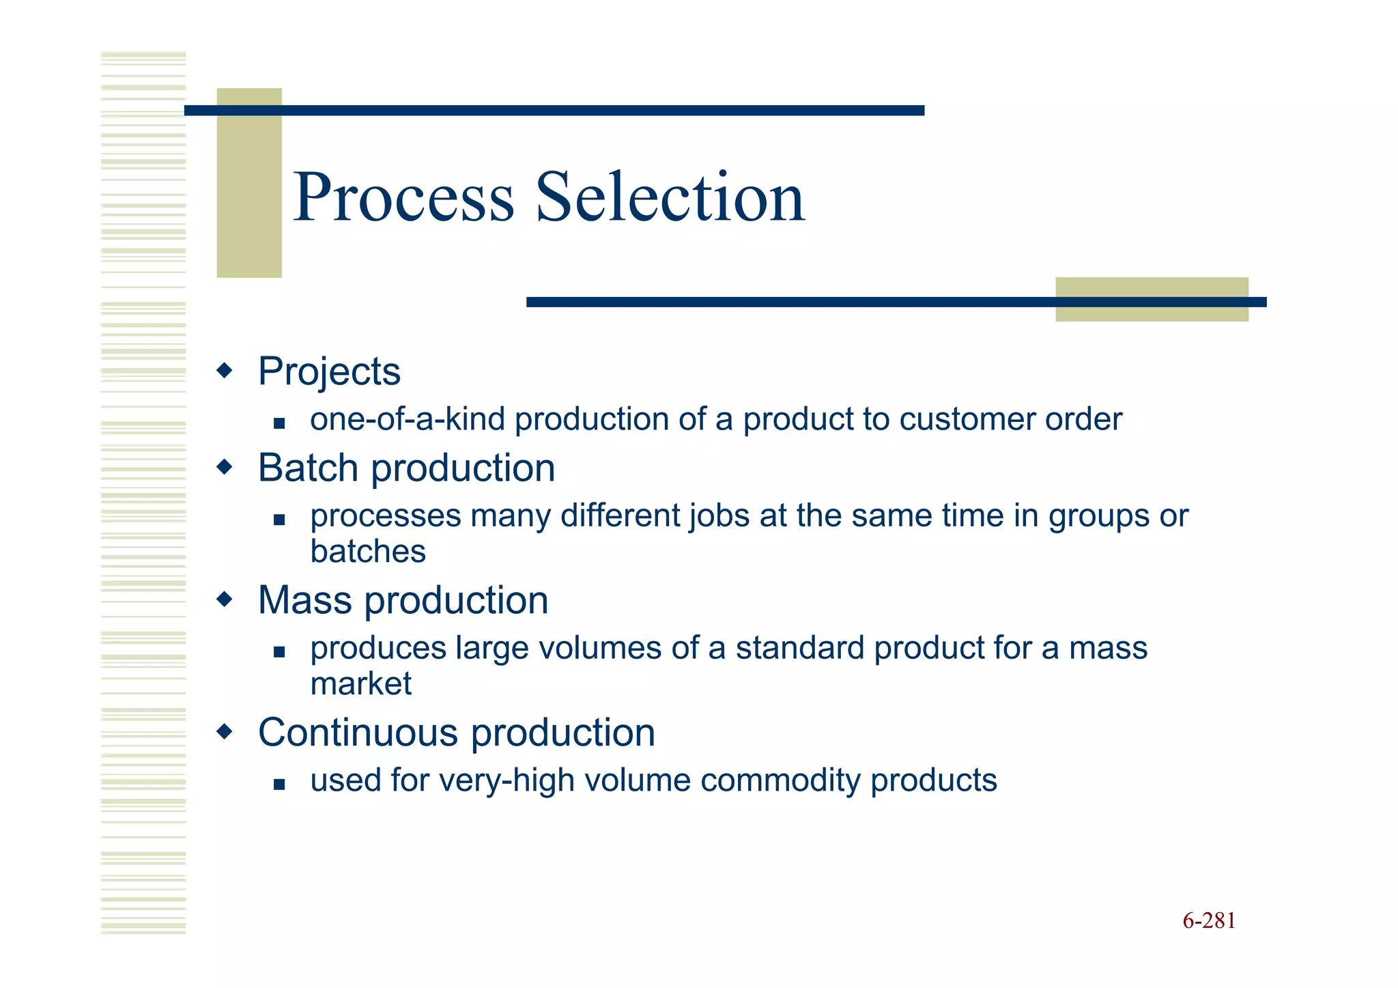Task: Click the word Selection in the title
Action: pos(670,198)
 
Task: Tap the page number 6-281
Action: pos(1209,921)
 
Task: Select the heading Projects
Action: pos(329,372)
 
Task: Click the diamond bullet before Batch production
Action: pos(224,468)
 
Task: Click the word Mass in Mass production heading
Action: pos(304,601)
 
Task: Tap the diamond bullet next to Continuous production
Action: pos(224,733)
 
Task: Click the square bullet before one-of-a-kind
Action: pos(279,423)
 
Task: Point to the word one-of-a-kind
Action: pos(407,419)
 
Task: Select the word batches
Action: pos(368,552)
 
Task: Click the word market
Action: pos(360,684)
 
